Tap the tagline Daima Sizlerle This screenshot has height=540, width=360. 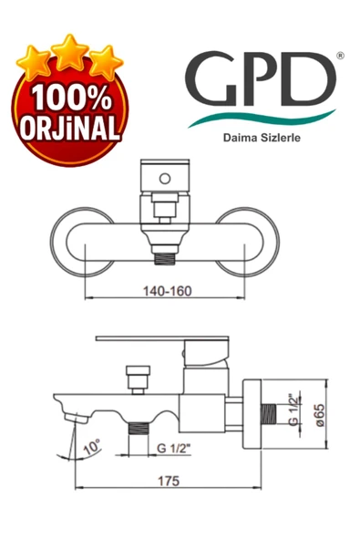coord(262,140)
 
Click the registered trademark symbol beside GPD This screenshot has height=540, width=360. coord(340,56)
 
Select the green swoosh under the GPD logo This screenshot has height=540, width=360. coord(264,115)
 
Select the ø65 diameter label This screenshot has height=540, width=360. coord(319,415)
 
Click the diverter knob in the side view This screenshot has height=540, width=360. coord(138,377)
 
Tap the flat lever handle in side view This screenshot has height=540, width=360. coord(146,341)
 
